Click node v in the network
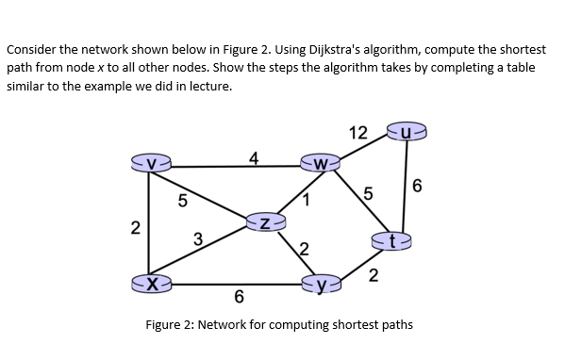click(152, 167)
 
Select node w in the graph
click(323, 166)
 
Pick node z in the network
click(266, 222)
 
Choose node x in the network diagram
click(153, 281)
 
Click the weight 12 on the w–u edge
click(358, 133)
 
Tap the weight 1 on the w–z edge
click(307, 199)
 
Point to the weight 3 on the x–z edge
click(197, 237)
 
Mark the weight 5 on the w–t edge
click(369, 195)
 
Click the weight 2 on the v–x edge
click(135, 226)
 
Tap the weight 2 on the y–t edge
click(374, 275)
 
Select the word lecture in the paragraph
click(206, 85)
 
